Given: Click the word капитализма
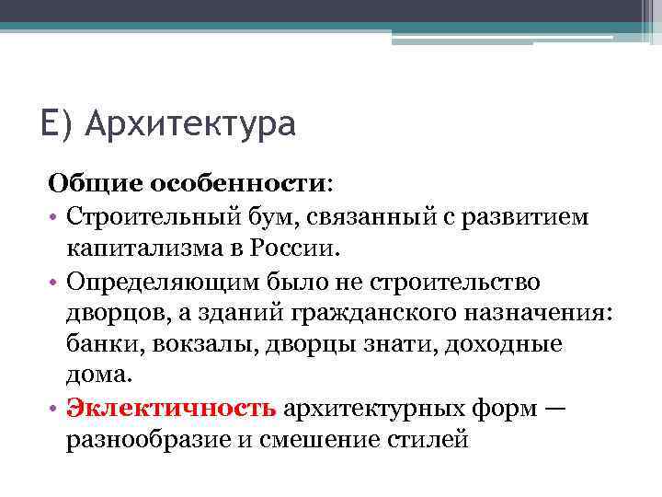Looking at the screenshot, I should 142,248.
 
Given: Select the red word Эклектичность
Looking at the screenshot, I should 171,408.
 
